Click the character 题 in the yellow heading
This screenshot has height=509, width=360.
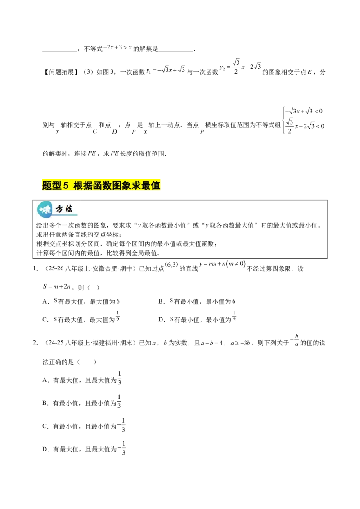tap(47, 185)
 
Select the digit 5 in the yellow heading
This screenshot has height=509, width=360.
tap(66, 185)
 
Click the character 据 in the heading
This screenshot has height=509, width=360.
tap(88, 185)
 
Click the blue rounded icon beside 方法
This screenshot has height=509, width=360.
tap(45, 209)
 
